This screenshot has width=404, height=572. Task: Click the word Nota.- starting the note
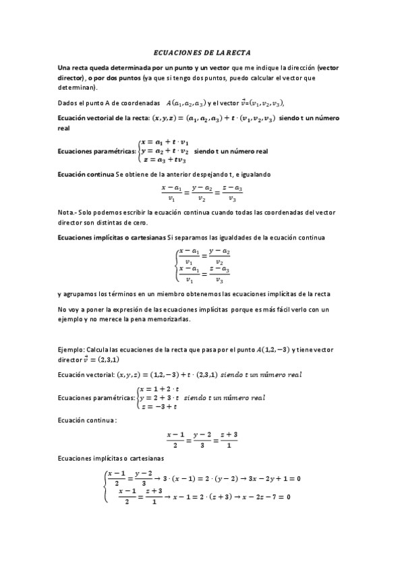pyautogui.click(x=69, y=213)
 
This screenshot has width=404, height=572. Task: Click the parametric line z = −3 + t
pyautogui.click(x=158, y=407)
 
